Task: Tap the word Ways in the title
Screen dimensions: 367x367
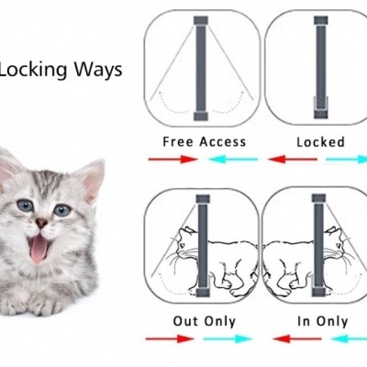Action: point(102,70)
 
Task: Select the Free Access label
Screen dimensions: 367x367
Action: point(204,142)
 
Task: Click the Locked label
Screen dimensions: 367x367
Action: point(320,142)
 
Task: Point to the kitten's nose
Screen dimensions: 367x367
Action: point(41,223)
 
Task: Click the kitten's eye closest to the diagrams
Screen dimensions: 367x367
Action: point(61,210)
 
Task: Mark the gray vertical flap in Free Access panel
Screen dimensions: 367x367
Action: point(199,68)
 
